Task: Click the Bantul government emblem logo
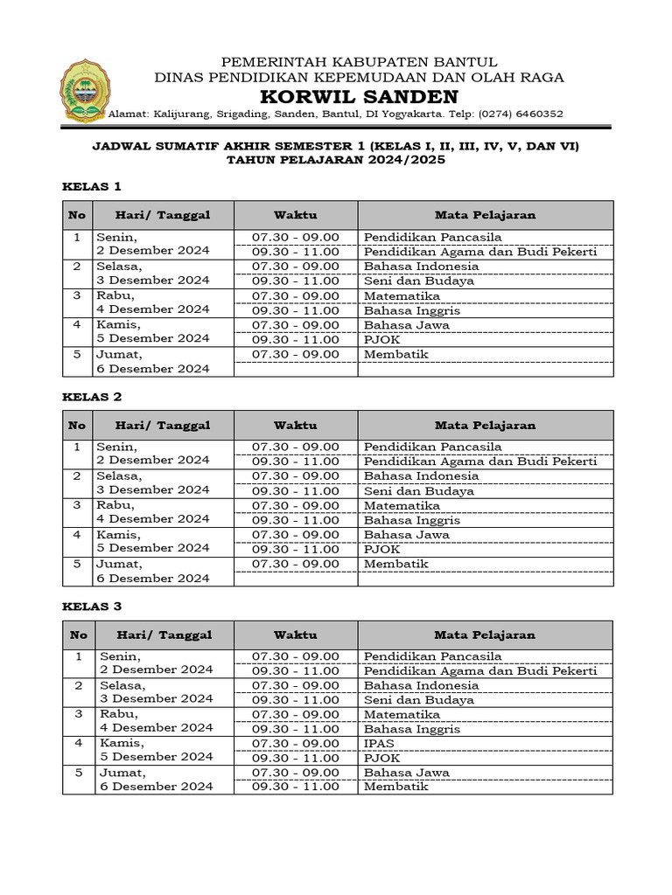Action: click(x=85, y=91)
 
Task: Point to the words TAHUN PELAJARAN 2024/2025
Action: click(x=336, y=161)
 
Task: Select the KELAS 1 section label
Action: click(x=91, y=186)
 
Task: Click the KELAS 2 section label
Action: click(x=91, y=396)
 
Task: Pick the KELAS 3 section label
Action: click(x=91, y=606)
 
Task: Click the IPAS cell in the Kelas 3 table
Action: click(x=379, y=744)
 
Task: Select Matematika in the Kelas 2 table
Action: click(x=402, y=505)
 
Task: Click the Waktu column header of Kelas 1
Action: click(x=295, y=215)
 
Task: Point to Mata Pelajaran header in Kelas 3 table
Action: click(x=485, y=635)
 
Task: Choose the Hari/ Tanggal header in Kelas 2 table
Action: click(x=164, y=426)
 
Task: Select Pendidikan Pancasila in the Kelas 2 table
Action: click(x=432, y=447)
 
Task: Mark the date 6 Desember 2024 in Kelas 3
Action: click(x=156, y=787)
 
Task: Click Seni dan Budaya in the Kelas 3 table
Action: click(x=418, y=700)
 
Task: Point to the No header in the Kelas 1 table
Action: click(x=77, y=215)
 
